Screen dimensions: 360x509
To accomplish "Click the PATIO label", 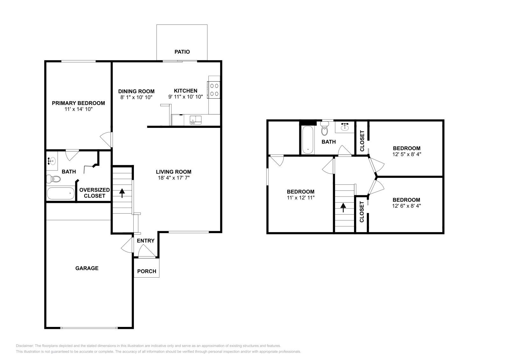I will coord(182,52).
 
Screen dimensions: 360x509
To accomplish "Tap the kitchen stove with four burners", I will coord(214,90).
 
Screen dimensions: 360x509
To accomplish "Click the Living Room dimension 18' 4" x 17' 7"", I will coord(174,178).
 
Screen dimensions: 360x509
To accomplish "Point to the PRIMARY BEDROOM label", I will coord(78,103).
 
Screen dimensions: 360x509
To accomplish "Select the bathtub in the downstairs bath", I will coord(61,193).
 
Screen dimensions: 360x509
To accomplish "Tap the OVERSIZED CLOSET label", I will coord(94,193).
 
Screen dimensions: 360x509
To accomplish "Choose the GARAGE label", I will coord(87,268).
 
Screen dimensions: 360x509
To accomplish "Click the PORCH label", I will coord(147,271).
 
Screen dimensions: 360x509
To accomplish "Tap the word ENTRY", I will coord(146,241).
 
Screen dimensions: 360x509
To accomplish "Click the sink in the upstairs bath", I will coord(345,127).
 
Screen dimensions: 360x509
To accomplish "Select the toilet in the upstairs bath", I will coord(324,130).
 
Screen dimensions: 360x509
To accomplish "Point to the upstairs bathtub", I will coord(308,140).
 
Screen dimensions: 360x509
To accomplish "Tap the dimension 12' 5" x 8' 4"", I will coord(407,154).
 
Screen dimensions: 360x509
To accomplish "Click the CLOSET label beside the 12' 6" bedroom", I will coord(362,212).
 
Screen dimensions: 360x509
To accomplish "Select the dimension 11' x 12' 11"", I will coord(301,197).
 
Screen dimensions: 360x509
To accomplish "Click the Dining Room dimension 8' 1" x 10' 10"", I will coord(136,97).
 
